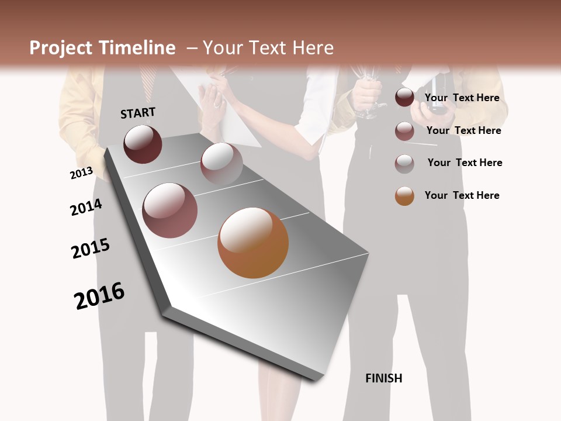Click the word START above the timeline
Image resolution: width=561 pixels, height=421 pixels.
138,113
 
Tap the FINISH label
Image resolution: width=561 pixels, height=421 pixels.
383,378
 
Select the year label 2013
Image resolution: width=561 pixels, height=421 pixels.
81,173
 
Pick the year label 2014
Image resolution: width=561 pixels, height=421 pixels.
86,207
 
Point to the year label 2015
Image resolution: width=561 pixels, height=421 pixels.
91,249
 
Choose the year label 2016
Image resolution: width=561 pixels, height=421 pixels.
99,295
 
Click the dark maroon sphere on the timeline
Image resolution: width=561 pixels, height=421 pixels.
143,144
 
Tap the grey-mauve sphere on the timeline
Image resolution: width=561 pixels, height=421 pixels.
221,163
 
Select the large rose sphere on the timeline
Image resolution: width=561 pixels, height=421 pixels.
170,210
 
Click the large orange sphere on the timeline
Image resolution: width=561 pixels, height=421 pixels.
253,243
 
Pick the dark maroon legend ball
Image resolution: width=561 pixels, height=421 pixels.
404,98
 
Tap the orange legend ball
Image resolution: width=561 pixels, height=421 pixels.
404,196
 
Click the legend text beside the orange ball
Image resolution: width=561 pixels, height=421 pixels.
462,195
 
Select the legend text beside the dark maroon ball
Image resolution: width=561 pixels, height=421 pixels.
462,98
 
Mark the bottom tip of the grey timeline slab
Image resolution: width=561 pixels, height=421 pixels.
316,379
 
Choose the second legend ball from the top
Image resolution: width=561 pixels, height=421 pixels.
404,131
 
